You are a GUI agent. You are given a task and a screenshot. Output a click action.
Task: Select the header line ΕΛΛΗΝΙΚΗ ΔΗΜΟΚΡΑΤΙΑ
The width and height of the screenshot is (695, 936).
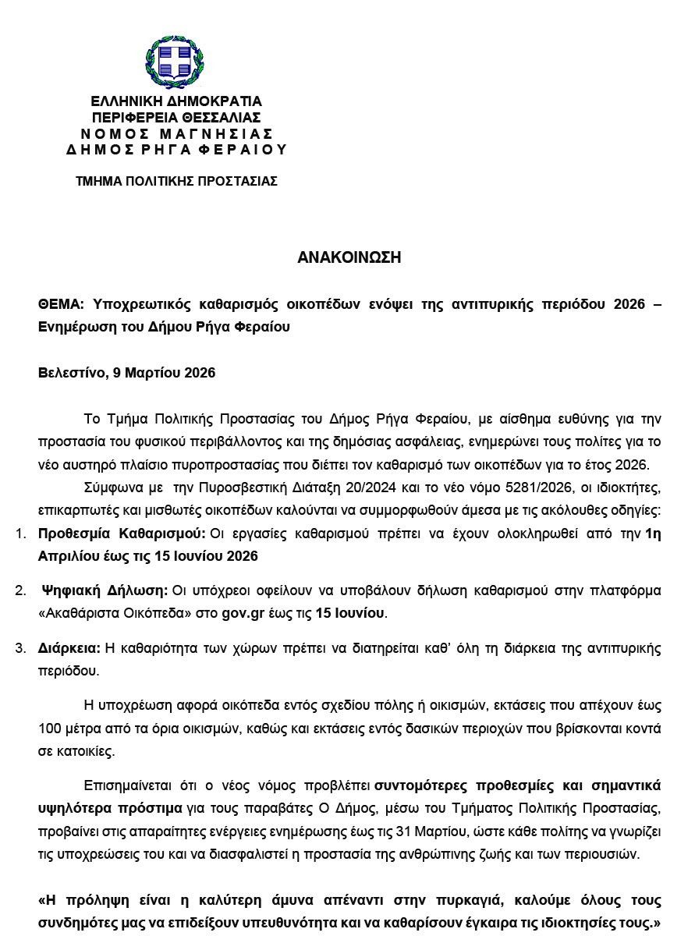[x=176, y=101]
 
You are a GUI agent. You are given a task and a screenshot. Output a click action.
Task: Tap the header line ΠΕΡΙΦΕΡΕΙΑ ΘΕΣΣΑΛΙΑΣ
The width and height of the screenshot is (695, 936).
[x=176, y=118]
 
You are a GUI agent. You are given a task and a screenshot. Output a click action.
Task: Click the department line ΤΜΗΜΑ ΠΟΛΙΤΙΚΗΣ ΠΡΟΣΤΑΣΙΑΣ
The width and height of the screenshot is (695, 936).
[x=176, y=181]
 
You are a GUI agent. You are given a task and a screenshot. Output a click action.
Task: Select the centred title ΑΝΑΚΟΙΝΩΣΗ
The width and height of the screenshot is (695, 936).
[x=349, y=257]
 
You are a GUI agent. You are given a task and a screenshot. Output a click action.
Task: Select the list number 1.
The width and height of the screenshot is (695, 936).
[x=20, y=534]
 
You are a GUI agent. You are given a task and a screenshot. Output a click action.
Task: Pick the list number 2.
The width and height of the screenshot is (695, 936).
[x=20, y=590]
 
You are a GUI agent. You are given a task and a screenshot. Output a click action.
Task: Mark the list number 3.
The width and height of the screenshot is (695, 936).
[x=20, y=648]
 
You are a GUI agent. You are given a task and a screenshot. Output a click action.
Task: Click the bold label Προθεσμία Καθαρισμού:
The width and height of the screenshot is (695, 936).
[x=122, y=534]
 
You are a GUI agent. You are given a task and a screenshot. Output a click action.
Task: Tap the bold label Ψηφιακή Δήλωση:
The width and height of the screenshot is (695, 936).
[x=105, y=590]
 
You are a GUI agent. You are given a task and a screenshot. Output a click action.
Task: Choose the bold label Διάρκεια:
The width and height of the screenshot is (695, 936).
[x=69, y=648]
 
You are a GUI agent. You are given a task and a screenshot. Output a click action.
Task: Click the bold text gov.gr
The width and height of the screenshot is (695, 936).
[x=243, y=613]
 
